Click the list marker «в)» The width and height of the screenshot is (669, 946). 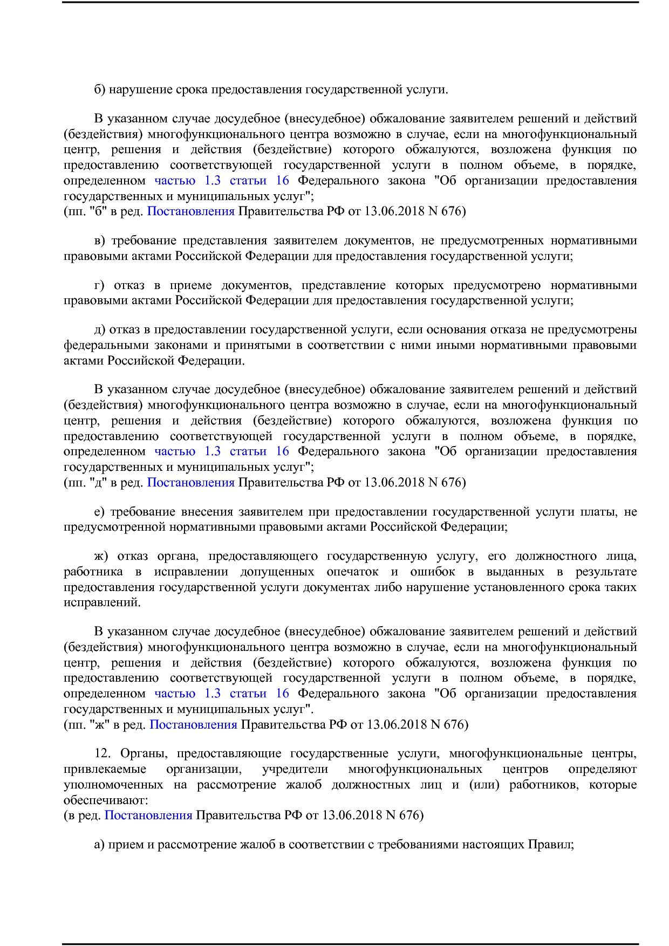[x=100, y=241]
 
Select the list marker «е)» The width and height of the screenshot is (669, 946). [x=100, y=511]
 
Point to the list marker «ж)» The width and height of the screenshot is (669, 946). [x=101, y=556]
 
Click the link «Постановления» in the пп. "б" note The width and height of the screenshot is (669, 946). [x=190, y=211]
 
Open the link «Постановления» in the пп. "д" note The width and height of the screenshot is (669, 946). [x=190, y=482]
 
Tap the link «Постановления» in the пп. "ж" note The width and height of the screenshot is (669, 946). [x=193, y=724]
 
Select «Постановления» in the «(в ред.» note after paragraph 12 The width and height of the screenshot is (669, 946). [x=148, y=815]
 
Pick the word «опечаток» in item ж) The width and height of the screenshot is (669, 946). [x=352, y=572]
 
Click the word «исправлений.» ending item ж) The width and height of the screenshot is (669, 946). [x=102, y=602]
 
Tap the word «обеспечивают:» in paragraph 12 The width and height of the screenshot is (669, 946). [x=106, y=800]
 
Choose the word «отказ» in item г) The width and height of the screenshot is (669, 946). [x=129, y=285]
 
